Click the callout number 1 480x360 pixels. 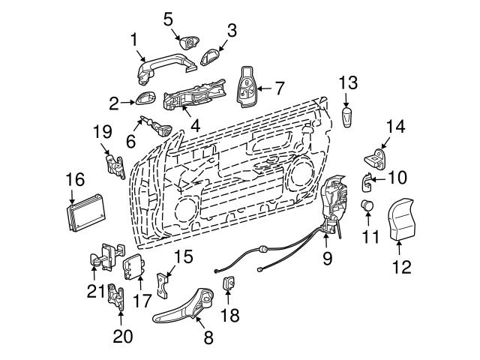(x=134, y=36)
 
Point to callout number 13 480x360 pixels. (x=346, y=81)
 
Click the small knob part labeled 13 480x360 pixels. (x=346, y=117)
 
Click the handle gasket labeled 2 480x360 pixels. (x=145, y=99)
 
